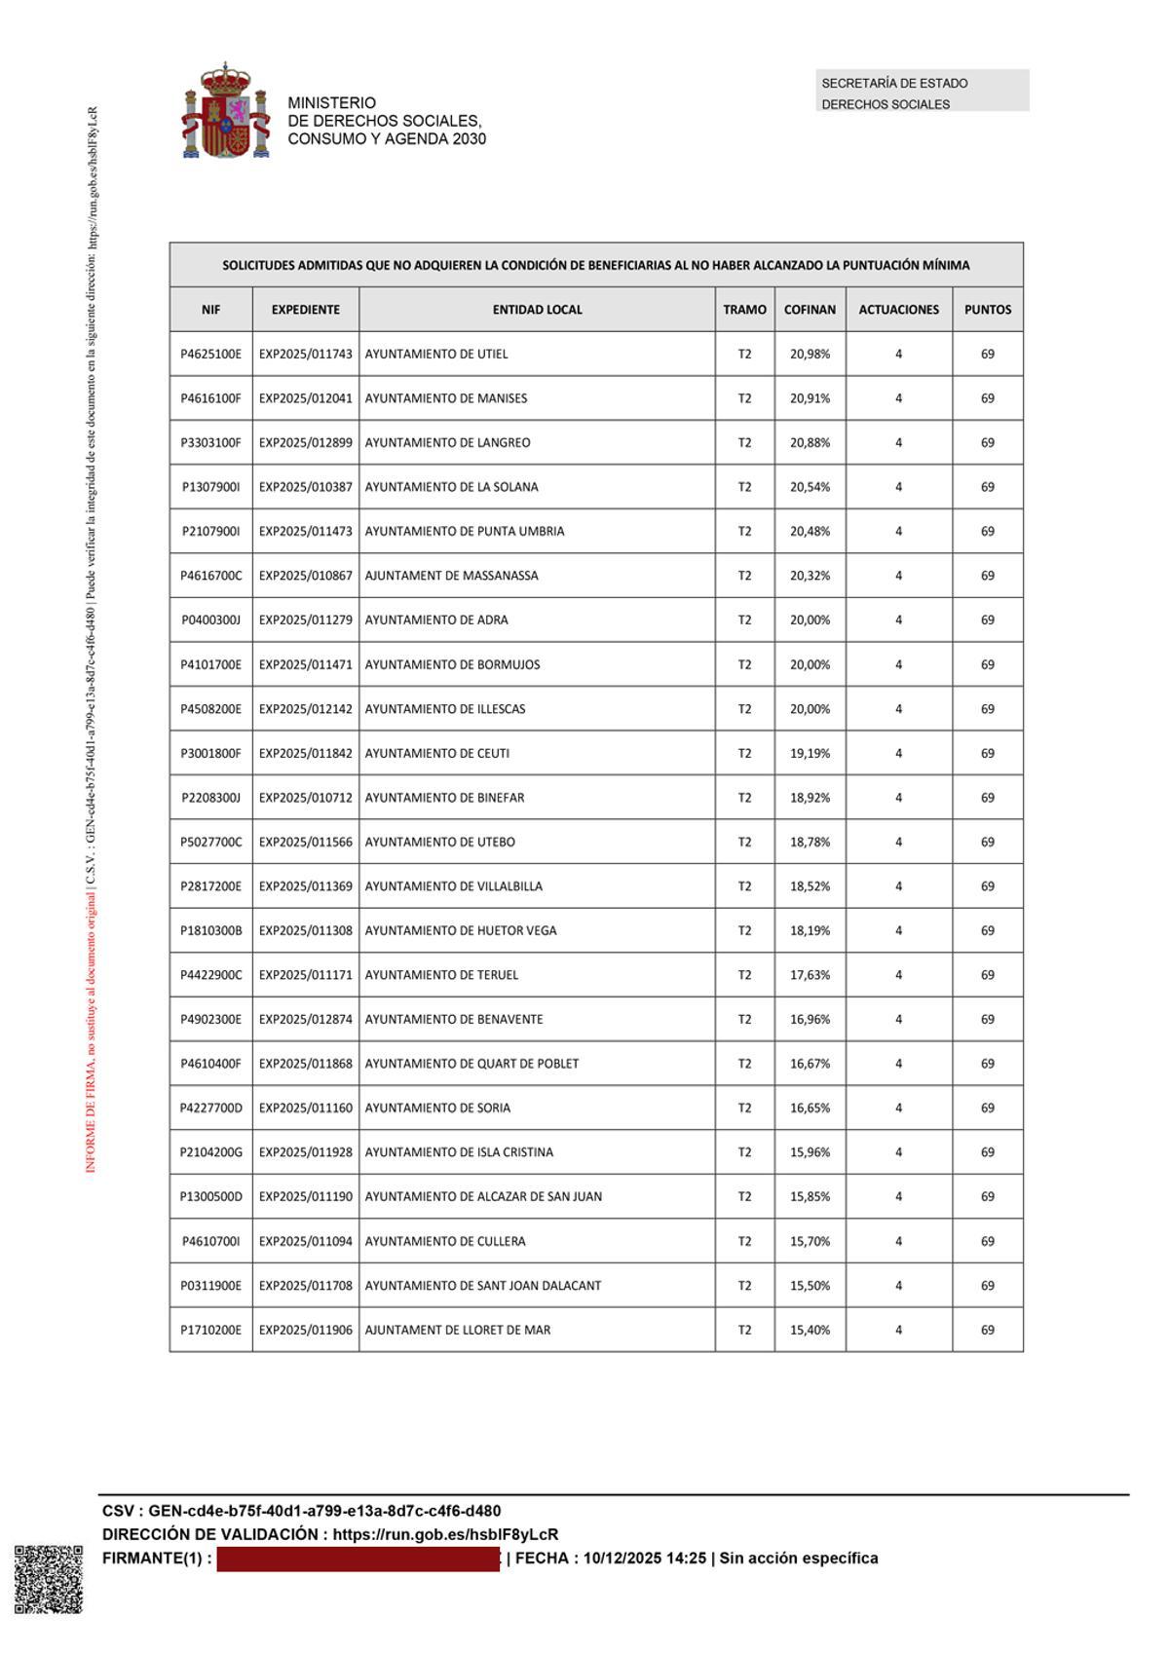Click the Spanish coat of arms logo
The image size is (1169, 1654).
pyautogui.click(x=225, y=111)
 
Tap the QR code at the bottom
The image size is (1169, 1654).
pyautogui.click(x=49, y=1579)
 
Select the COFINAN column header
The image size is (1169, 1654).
pyautogui.click(x=810, y=310)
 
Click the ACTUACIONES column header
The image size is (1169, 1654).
pyautogui.click(x=898, y=310)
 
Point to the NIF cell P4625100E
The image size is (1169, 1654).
pyautogui.click(x=210, y=354)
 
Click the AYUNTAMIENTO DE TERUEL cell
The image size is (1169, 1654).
pyautogui.click(x=441, y=975)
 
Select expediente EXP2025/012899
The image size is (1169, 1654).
pyautogui.click(x=305, y=442)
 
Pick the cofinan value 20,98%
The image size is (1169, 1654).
pyautogui.click(x=810, y=354)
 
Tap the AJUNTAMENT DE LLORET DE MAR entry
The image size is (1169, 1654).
pyautogui.click(x=457, y=1330)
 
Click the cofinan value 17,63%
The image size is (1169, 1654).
pyautogui.click(x=810, y=975)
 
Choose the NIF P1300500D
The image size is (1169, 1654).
pyautogui.click(x=210, y=1196)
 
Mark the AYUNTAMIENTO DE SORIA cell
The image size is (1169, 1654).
pyautogui.click(x=437, y=1108)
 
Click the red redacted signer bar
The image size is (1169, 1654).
pyautogui.click(x=358, y=1558)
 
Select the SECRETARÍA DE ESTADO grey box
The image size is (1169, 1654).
pyautogui.click(x=922, y=91)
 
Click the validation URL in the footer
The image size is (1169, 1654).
pyautogui.click(x=445, y=1534)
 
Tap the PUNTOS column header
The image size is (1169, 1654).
pyautogui.click(x=987, y=310)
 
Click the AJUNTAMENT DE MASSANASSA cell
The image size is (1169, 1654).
pyautogui.click(x=451, y=576)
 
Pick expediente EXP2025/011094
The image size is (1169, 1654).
pyautogui.click(x=305, y=1241)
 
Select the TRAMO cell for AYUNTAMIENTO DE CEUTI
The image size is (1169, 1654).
pyautogui.click(x=744, y=753)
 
